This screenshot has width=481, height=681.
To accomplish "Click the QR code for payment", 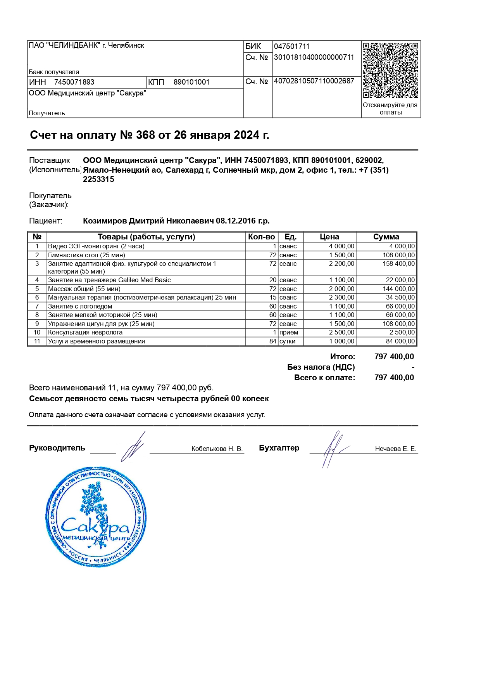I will (x=390, y=70).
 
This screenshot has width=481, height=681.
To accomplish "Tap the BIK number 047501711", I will (x=292, y=47).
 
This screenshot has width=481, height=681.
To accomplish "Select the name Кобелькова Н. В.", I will (x=217, y=449).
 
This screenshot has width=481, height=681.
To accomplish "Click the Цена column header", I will (x=329, y=237).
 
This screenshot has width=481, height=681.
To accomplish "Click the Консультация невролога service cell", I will (x=85, y=333).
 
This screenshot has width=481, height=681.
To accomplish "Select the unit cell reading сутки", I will (x=288, y=341).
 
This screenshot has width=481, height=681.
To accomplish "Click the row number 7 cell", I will (x=37, y=307).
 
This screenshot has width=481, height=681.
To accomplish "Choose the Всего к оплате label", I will (x=324, y=378).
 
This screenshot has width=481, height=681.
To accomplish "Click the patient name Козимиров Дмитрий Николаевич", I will (x=148, y=221).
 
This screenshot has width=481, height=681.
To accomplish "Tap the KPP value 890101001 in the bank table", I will (x=191, y=82).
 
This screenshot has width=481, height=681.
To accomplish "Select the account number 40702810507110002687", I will (x=314, y=81).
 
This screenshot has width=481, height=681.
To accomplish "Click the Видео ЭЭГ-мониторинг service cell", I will (x=96, y=246).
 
